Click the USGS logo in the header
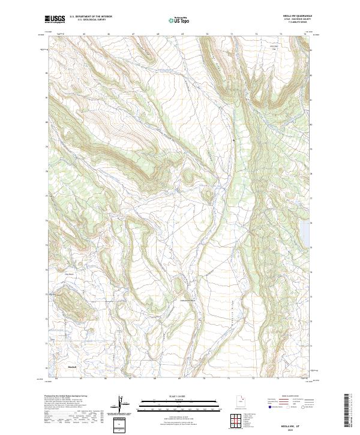(x=56, y=20)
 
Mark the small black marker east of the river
(x=233, y=141)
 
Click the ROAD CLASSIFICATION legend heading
(x=289, y=397)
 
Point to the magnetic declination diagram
(x=122, y=405)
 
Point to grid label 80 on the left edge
(x=48, y=121)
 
